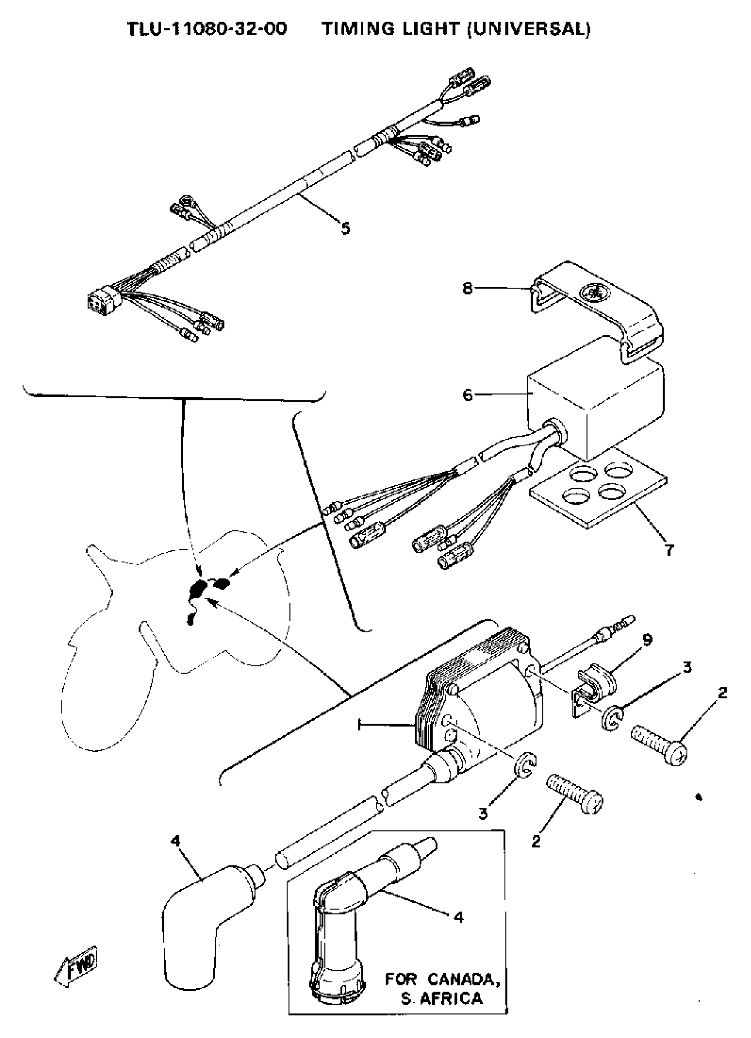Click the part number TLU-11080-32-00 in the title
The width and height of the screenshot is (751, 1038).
point(207,29)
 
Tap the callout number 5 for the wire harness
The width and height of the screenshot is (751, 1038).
point(345,228)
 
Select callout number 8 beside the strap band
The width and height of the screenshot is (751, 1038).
point(467,289)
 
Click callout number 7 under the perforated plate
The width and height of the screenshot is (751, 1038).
point(669,550)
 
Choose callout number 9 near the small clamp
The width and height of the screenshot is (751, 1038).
point(647,639)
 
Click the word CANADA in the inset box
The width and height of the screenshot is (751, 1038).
point(462,979)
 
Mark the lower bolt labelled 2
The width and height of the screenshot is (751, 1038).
point(575,796)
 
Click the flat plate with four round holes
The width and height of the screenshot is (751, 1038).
point(597,497)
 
